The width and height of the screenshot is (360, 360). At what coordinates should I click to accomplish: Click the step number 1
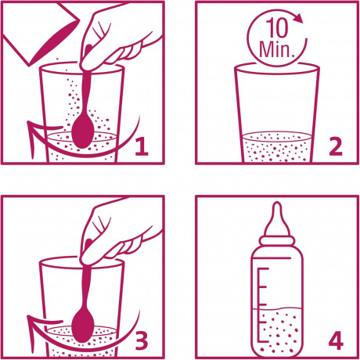(142, 147)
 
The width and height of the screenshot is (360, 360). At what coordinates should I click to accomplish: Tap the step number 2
(336, 147)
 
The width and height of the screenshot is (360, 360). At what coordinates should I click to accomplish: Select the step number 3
(142, 340)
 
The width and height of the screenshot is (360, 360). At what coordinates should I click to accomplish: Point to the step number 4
(336, 340)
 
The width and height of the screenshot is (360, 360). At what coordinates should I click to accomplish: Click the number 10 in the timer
(277, 28)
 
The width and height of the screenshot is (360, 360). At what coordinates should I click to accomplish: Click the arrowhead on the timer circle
(299, 18)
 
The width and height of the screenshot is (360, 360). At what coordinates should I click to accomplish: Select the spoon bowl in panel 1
(83, 131)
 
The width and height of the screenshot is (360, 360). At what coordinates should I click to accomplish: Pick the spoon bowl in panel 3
(83, 326)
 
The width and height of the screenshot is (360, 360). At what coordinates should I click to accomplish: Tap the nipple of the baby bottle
(277, 219)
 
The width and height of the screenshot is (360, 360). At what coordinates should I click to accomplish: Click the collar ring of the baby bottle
(277, 240)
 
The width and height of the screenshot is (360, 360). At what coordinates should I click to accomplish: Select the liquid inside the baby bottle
(277, 331)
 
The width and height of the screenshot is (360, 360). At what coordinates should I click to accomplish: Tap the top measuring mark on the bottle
(264, 268)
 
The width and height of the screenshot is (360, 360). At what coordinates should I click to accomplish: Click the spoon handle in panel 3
(86, 287)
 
